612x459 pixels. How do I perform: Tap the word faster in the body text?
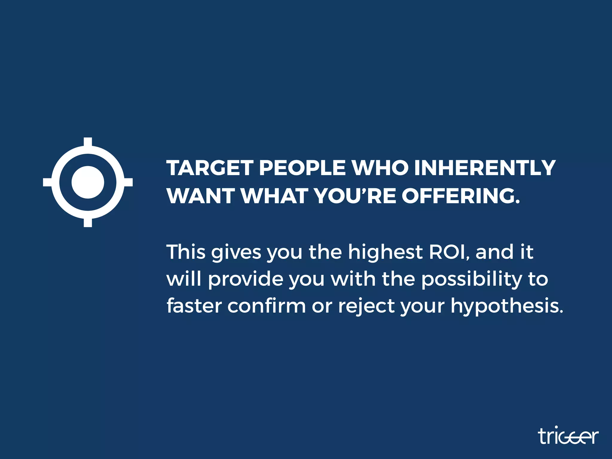click(x=194, y=306)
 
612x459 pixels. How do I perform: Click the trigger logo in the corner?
click(x=568, y=437)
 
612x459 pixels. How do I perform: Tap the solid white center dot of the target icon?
click(x=88, y=182)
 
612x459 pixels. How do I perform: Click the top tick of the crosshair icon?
click(x=88, y=142)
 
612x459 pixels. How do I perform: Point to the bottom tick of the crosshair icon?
click(x=88, y=223)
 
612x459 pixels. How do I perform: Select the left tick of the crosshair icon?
click(x=47, y=182)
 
